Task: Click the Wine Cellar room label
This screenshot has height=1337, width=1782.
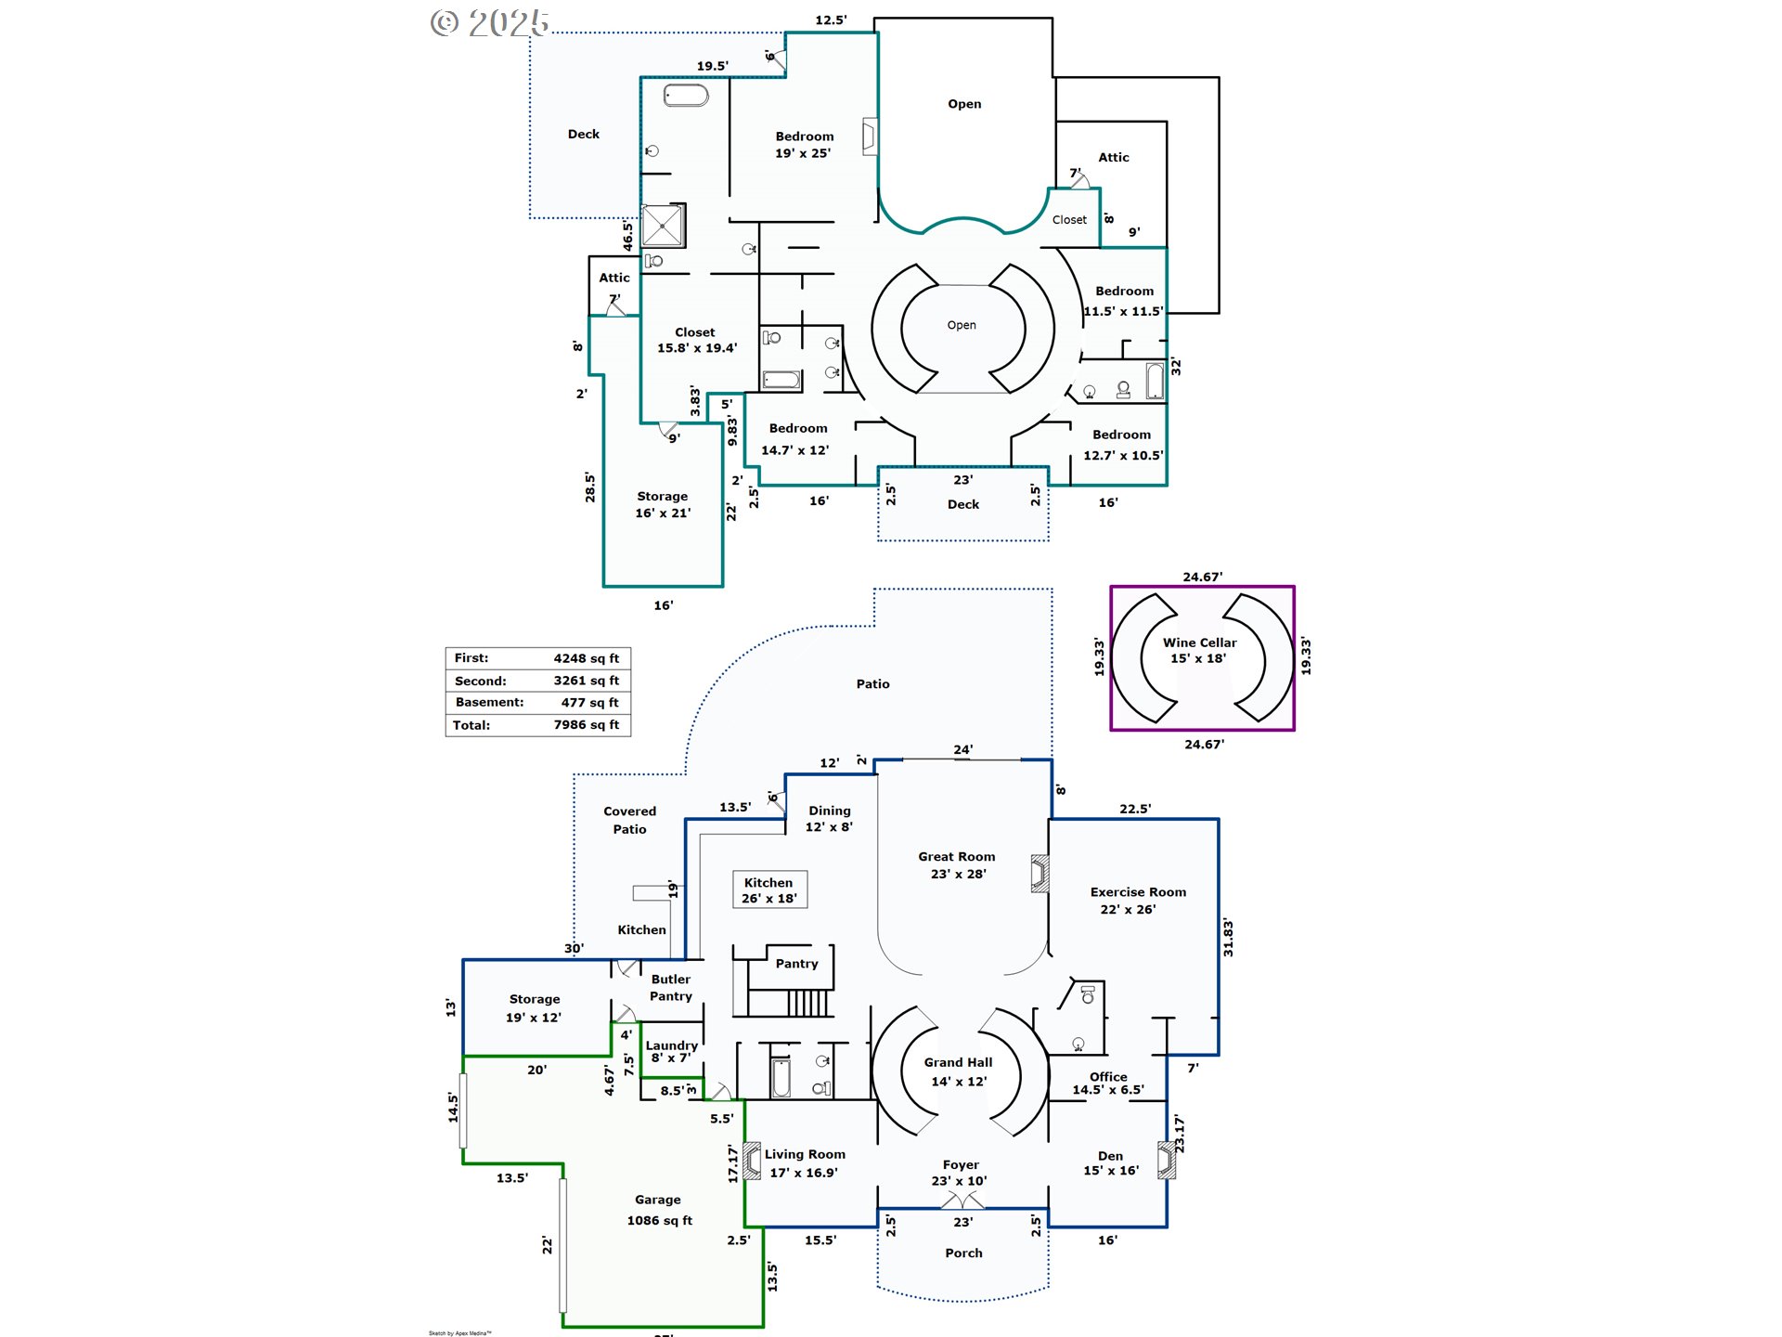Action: [x=1199, y=650]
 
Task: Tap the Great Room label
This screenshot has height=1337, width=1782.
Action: [x=957, y=865]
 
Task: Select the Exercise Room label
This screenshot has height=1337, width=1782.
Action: [x=1138, y=901]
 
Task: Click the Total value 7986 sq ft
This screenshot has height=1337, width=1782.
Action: [x=586, y=725]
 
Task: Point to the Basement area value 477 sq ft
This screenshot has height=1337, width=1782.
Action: [x=589, y=703]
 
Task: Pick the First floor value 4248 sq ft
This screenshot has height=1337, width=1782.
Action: [x=586, y=658]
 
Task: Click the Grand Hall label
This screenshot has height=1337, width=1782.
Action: [x=959, y=1071]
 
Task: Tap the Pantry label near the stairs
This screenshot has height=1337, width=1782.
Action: [x=796, y=964]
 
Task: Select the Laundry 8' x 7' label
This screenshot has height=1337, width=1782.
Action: [x=671, y=1051]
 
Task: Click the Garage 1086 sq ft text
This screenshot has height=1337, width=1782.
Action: [x=659, y=1211]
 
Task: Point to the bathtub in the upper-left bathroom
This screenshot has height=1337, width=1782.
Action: [x=686, y=95]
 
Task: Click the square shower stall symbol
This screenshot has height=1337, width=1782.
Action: [x=663, y=226]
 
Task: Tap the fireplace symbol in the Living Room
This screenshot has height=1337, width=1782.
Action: [x=752, y=1161]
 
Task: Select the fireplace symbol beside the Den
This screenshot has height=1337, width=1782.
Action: [x=1167, y=1160]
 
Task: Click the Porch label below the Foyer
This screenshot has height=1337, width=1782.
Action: [x=963, y=1253]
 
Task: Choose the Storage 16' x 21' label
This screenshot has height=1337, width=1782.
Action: [x=663, y=504]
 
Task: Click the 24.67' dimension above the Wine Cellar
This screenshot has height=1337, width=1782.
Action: [x=1202, y=577]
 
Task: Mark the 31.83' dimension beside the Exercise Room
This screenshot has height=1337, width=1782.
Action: [x=1228, y=938]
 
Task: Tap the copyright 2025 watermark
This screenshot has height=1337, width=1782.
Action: [x=490, y=22]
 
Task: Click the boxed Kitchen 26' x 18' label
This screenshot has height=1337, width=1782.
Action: [x=769, y=889]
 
